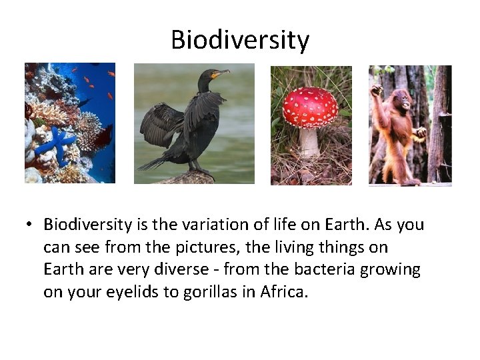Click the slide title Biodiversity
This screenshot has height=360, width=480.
pyautogui.click(x=240, y=40)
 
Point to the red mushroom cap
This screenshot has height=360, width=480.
pyautogui.click(x=310, y=107)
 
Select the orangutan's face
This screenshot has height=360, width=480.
pyautogui.click(x=398, y=93)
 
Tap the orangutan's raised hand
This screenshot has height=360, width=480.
pyautogui.click(x=377, y=89)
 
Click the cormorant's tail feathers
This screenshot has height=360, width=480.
pyautogui.click(x=151, y=163)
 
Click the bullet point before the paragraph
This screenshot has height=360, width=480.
pyautogui.click(x=31, y=225)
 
